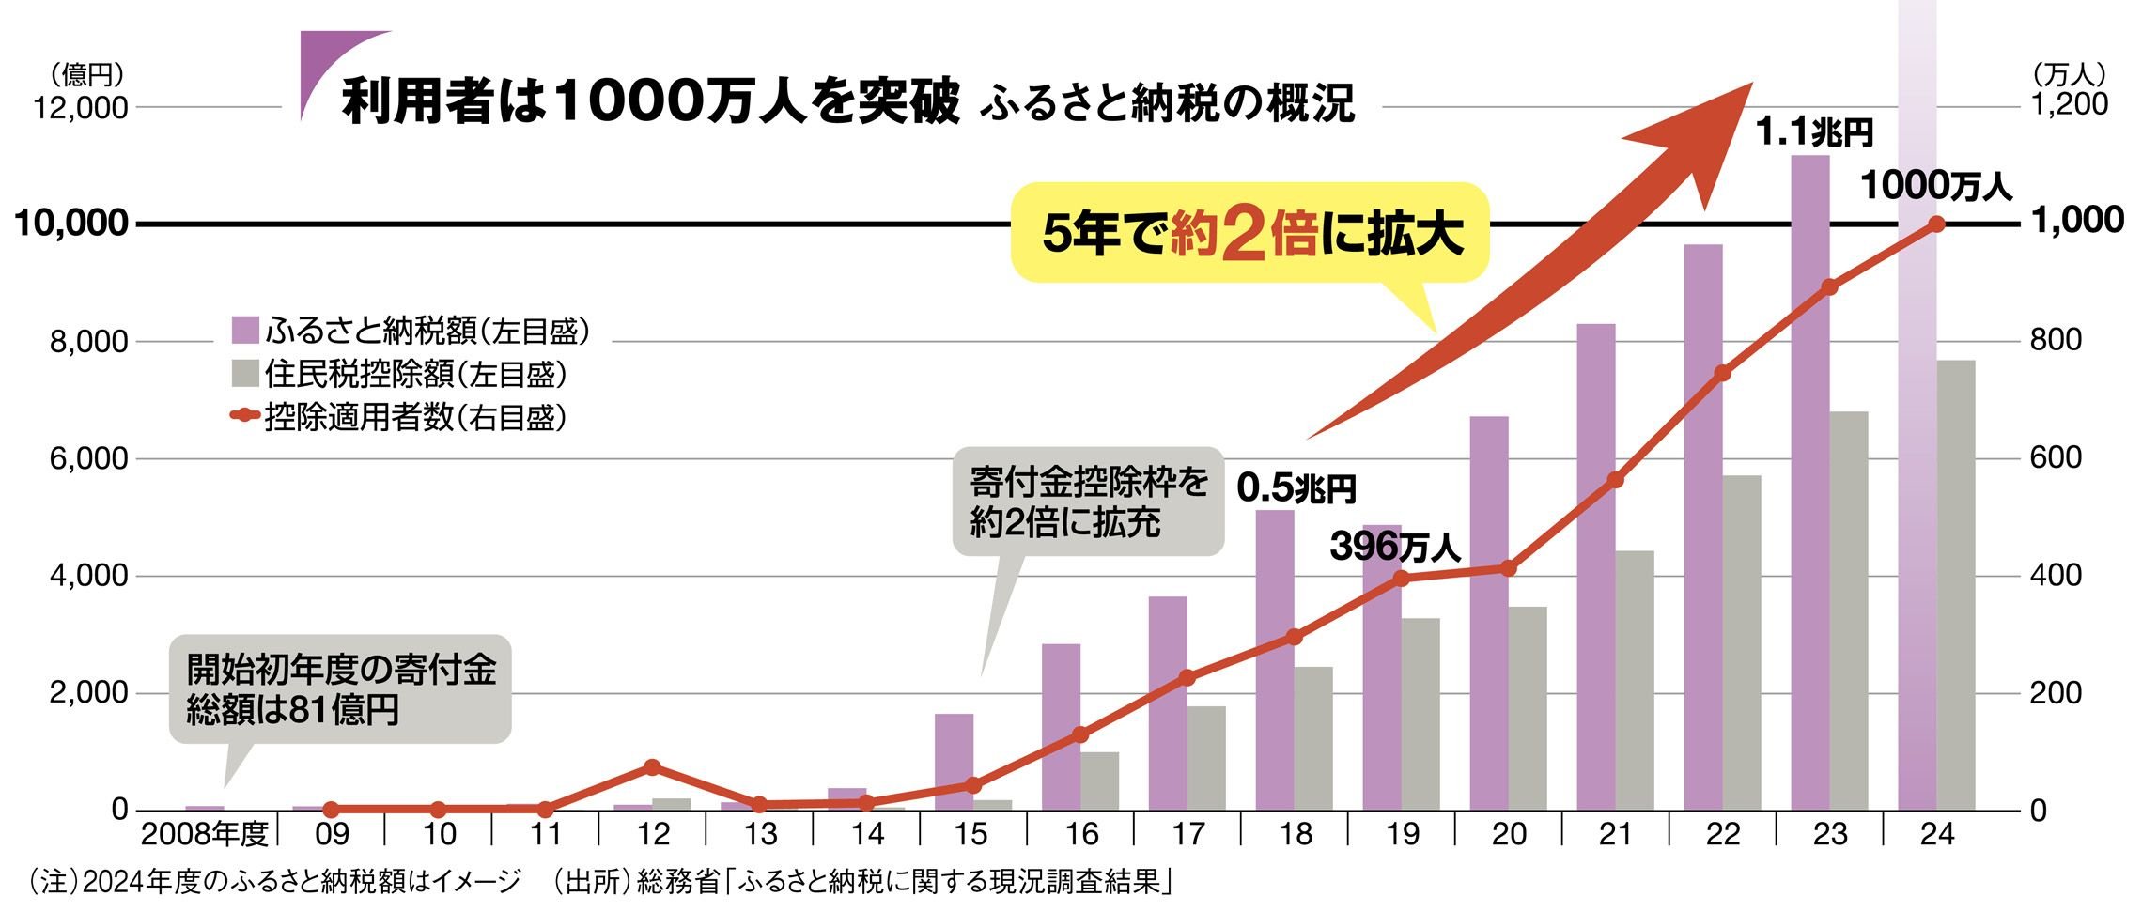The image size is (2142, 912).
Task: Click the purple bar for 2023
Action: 1809,488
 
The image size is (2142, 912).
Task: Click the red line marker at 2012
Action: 653,767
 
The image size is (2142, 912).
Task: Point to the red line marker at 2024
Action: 1936,224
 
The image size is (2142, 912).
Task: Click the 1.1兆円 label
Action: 1814,132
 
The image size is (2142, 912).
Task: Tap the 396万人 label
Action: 1394,547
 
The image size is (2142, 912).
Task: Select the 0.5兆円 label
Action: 1296,488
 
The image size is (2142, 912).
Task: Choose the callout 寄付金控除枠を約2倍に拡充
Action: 1088,502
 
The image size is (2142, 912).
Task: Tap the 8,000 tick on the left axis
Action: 88,342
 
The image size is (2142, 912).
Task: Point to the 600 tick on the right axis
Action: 2056,458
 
